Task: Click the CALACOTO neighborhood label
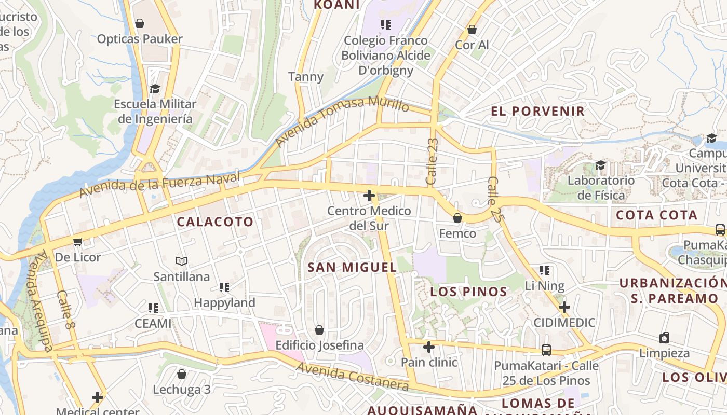click(215, 222)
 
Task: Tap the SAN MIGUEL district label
click(352, 268)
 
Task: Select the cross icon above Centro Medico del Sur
click(369, 196)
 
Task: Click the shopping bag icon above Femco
click(457, 218)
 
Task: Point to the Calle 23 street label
click(432, 161)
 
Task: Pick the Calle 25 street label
click(495, 200)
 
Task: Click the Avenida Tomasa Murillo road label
click(342, 121)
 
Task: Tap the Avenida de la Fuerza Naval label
click(160, 185)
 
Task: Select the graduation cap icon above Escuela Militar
click(155, 89)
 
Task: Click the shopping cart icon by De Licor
click(78, 242)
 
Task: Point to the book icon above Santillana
click(181, 261)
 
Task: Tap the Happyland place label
click(224, 302)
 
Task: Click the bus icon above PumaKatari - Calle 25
click(546, 350)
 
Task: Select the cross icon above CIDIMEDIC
click(564, 307)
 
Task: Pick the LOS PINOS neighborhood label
click(468, 292)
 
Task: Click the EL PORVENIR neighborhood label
click(537, 111)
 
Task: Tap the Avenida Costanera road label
click(353, 377)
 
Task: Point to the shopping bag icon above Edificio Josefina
click(319, 330)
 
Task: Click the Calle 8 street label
click(64, 310)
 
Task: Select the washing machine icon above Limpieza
click(664, 338)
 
